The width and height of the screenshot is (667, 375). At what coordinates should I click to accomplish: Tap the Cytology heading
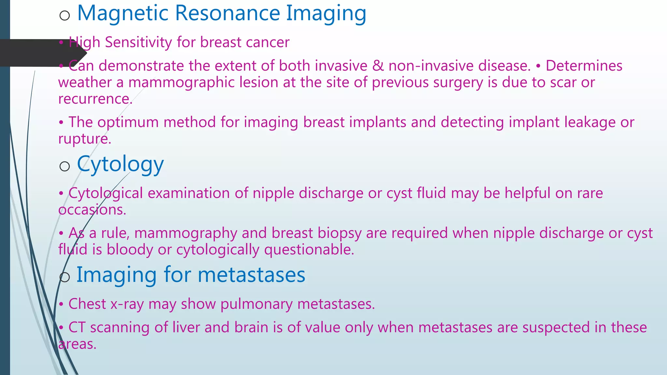tap(120, 164)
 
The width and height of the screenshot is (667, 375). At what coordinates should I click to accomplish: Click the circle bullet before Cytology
tap(65, 167)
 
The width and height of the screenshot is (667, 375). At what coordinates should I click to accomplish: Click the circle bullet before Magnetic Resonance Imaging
tap(65, 15)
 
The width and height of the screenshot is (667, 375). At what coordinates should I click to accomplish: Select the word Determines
tap(584, 66)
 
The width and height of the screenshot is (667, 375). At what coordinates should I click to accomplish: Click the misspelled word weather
tap(85, 83)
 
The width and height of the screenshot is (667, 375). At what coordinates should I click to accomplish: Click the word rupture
tap(84, 139)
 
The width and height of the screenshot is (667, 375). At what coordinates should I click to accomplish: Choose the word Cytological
tap(106, 193)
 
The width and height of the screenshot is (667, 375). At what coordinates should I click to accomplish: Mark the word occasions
tap(92, 210)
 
